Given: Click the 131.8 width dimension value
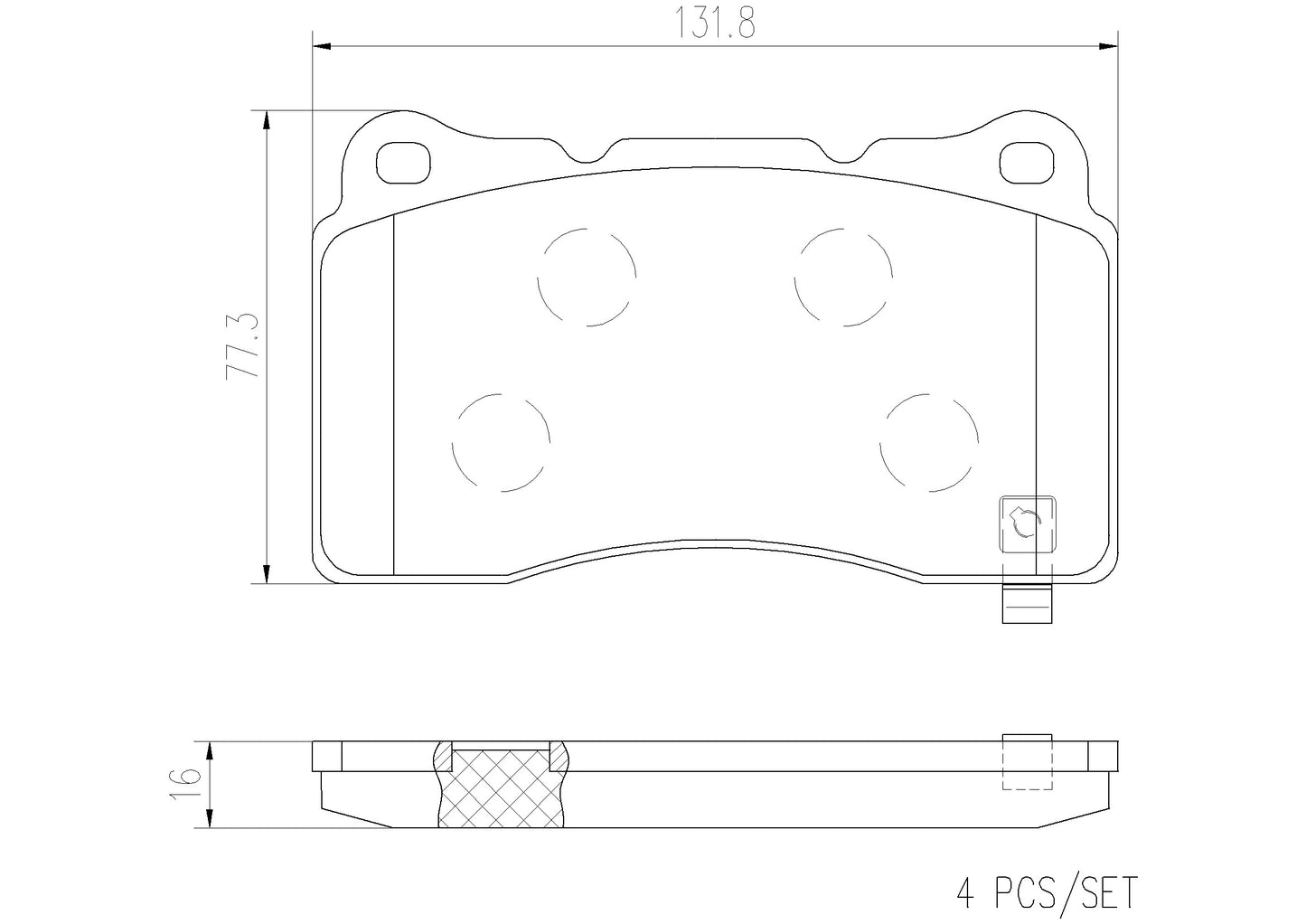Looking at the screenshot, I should click(714, 22).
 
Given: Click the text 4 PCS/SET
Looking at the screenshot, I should click(1046, 892).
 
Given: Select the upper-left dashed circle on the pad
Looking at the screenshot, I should click(586, 276).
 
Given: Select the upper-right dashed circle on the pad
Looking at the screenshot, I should click(843, 276).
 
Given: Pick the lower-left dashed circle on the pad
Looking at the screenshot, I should click(501, 443).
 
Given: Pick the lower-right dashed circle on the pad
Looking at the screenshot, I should click(929, 443).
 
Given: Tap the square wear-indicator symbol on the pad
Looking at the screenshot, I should click(1026, 524).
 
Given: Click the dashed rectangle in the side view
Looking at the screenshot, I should click(1028, 761).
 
